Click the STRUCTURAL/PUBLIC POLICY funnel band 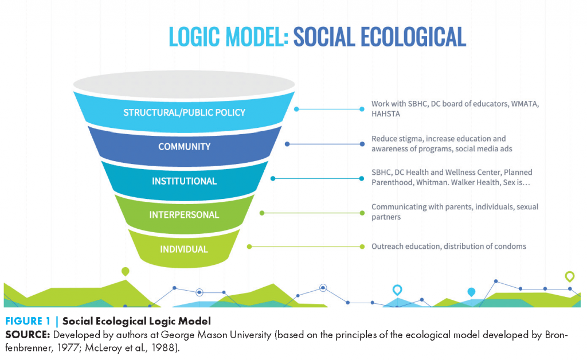click(184, 112)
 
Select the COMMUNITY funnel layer click(184, 146)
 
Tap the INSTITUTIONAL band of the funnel click(184, 181)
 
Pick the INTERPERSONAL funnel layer click(184, 215)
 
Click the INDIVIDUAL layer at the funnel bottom click(184, 249)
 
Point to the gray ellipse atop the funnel click(184, 84)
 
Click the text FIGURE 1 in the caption click(28, 321)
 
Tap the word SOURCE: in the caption click(28, 335)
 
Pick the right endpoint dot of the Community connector click(362, 144)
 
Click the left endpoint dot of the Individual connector click(249, 246)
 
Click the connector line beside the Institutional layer click(317, 178)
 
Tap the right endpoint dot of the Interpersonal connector click(362, 213)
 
